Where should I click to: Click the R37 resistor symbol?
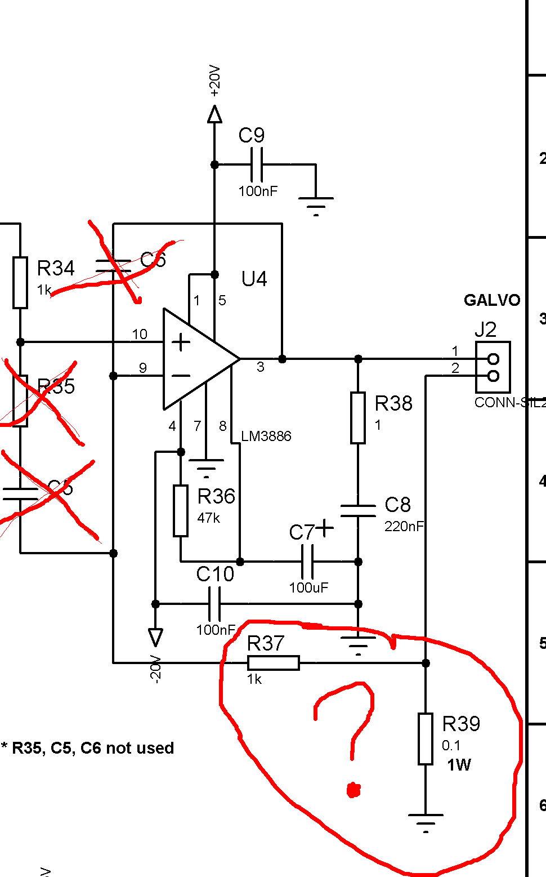tap(274, 663)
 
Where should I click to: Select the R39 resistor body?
tap(426, 738)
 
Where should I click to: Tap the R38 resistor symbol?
tap(358, 418)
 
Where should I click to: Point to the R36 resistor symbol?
tap(180, 510)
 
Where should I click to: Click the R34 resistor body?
tap(20, 283)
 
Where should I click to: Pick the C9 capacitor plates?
tap(256, 164)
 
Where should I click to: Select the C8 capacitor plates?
tap(358, 511)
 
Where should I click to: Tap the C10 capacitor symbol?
tap(214, 604)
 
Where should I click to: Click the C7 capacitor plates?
tap(307, 562)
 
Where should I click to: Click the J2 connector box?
tap(493, 367)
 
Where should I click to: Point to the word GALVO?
tap(491, 300)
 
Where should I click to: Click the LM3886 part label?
tap(266, 437)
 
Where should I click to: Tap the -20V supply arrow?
tap(155, 637)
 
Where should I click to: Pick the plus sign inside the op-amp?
tap(181, 342)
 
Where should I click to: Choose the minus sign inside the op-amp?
tap(181, 376)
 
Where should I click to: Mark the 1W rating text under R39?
tap(459, 765)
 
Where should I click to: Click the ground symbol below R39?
tap(426, 820)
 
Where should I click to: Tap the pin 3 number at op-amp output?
tap(261, 367)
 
